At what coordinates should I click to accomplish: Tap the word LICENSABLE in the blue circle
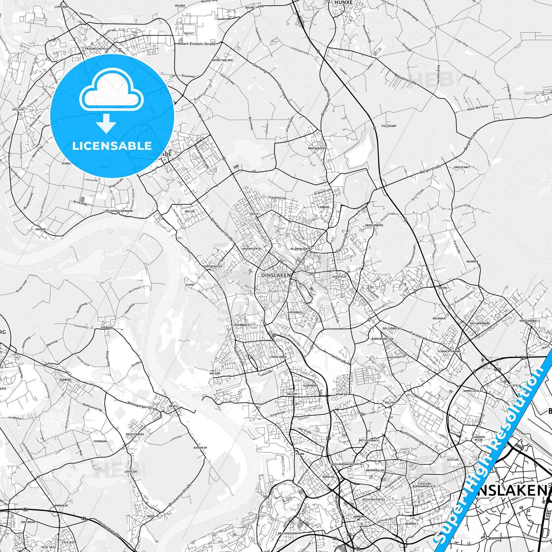pyautogui.click(x=112, y=146)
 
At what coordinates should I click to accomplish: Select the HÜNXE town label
pyautogui.click(x=344, y=2)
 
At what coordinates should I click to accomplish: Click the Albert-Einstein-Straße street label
pyautogui.click(x=196, y=44)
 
